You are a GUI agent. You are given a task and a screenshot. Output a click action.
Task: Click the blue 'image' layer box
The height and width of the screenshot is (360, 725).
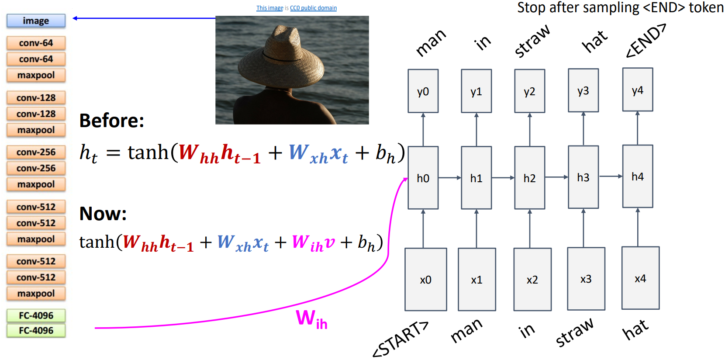click(x=36, y=21)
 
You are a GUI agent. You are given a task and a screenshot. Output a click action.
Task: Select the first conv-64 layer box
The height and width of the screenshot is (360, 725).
click(x=36, y=43)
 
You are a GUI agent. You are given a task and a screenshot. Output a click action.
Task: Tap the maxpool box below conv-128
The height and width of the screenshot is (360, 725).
click(x=36, y=130)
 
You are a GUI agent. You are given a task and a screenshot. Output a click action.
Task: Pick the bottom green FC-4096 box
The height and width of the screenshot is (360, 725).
click(x=36, y=330)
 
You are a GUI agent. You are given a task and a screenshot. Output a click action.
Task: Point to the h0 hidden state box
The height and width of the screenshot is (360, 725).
click(x=423, y=178)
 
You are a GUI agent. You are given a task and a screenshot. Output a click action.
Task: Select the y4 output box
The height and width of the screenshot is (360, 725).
click(x=637, y=90)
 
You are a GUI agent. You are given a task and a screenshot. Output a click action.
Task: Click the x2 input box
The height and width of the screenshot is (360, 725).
click(x=532, y=280)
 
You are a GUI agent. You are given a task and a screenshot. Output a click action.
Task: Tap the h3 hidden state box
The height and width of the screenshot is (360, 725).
click(x=583, y=177)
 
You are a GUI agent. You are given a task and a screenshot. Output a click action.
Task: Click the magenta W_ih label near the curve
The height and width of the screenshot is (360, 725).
click(x=311, y=318)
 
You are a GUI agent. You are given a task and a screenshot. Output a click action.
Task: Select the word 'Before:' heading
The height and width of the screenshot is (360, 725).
click(x=111, y=121)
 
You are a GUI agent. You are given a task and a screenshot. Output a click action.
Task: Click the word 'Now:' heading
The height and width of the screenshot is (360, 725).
click(x=103, y=214)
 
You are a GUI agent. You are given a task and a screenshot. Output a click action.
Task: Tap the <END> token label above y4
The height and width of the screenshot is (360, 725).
click(x=646, y=41)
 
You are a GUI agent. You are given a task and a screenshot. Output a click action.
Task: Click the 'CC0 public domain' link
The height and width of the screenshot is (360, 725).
click(x=313, y=8)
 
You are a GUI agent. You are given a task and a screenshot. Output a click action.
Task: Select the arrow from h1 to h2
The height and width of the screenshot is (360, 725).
click(x=503, y=178)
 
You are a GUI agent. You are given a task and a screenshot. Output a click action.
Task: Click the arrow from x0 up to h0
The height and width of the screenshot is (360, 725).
click(x=423, y=228)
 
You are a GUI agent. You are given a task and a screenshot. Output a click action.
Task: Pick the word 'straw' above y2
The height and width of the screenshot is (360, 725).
click(x=532, y=41)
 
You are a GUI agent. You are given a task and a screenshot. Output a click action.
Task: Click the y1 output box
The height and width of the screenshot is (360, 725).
click(x=476, y=91)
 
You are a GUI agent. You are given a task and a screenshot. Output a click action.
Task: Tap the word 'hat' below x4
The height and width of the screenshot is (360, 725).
click(x=635, y=330)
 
